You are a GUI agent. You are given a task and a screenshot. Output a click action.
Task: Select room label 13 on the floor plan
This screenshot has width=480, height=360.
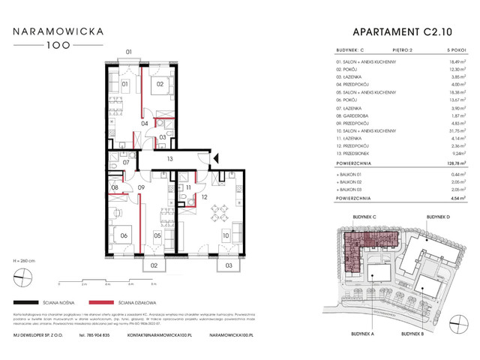tap(170, 158)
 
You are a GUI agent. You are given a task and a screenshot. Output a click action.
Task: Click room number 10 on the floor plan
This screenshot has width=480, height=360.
tap(225, 236)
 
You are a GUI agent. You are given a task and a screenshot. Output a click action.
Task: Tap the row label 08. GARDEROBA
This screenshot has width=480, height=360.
tap(357, 115)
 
